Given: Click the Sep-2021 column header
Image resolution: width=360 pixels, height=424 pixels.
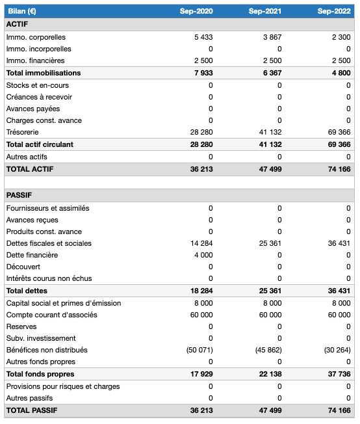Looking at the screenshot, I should pyautogui.click(x=265, y=11).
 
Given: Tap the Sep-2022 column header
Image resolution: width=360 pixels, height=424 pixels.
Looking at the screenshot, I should pyautogui.click(x=334, y=11).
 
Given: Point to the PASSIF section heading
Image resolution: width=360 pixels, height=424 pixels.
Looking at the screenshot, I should pyautogui.click(x=19, y=195).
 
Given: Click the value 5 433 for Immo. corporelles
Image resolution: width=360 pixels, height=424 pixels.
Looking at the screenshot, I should pyautogui.click(x=203, y=37).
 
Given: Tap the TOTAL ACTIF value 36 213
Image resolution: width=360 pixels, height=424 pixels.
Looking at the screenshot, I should pyautogui.click(x=203, y=168).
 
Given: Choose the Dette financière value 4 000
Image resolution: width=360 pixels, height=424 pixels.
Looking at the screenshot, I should pyautogui.click(x=203, y=255).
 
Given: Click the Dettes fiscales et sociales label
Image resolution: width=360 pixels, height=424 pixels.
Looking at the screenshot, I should pyautogui.click(x=49, y=243).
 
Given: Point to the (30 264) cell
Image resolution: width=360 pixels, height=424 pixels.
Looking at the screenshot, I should pyautogui.click(x=337, y=350).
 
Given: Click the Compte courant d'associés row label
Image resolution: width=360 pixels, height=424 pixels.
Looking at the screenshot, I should pyautogui.click(x=51, y=315).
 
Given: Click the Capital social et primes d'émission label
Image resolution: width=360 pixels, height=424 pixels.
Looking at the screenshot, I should pyautogui.click(x=63, y=303).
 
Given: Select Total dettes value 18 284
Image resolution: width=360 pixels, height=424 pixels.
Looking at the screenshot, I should pyautogui.click(x=203, y=291).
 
